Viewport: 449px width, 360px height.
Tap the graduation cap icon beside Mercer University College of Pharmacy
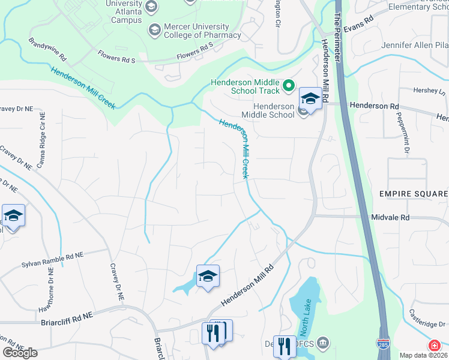[154, 29]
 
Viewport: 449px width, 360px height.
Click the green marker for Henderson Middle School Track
[289, 86]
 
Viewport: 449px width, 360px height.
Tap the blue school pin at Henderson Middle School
[310, 98]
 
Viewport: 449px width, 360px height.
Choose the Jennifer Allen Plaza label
[415, 46]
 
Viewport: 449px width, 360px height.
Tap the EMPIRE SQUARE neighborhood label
[413, 194]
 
